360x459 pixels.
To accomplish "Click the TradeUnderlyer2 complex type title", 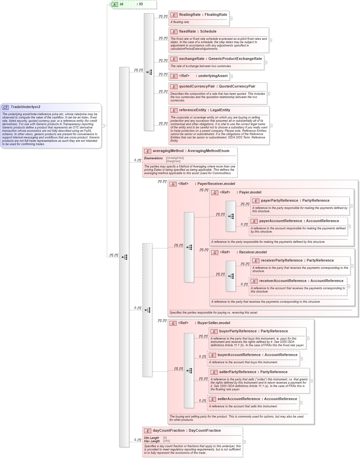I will pyautogui.click(x=25, y=107).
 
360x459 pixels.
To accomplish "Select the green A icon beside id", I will pyautogui.click(x=114, y=4).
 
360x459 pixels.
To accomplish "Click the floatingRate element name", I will pyautogui.click(x=190, y=15).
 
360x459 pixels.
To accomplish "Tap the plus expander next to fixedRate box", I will pyautogui.click(x=271, y=40).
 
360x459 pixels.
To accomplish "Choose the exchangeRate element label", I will pyautogui.click(x=192, y=59).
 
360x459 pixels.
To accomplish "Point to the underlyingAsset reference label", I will pyautogui.click(x=213, y=76).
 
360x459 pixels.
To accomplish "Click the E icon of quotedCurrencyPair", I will pyautogui.click(x=174, y=87).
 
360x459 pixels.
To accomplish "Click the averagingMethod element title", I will pyautogui.click(x=168, y=151).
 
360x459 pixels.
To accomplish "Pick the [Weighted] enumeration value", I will pyautogui.click(x=173, y=161).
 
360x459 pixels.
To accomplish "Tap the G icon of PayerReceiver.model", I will pyautogui.click(x=173, y=184).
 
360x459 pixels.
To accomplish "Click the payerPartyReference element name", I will pyautogui.click(x=279, y=201).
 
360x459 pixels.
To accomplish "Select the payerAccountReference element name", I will pyautogui.click(x=280, y=221).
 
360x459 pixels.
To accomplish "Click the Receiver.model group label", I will pyautogui.click(x=252, y=252).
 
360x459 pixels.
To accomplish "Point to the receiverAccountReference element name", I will pyautogui.click(x=283, y=281).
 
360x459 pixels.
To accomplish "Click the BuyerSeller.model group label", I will pyautogui.click(x=213, y=323).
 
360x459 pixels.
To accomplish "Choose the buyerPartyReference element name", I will pyautogui.click(x=238, y=331).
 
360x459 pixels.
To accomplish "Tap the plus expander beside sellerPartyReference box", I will pyautogui.click(x=311, y=381).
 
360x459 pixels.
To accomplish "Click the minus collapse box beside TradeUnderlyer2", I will pyautogui.click(x=103, y=126).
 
